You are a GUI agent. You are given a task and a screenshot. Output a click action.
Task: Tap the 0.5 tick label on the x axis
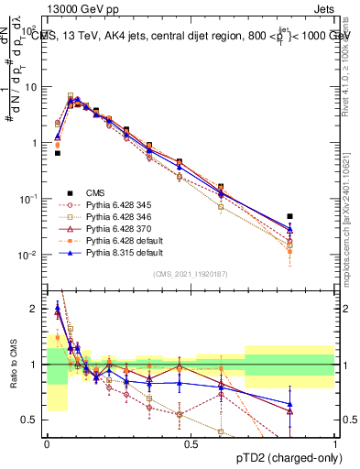[190, 442]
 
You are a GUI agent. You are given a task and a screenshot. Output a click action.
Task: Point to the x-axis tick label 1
[334, 442]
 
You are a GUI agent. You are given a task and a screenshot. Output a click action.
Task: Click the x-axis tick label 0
[47, 442]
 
